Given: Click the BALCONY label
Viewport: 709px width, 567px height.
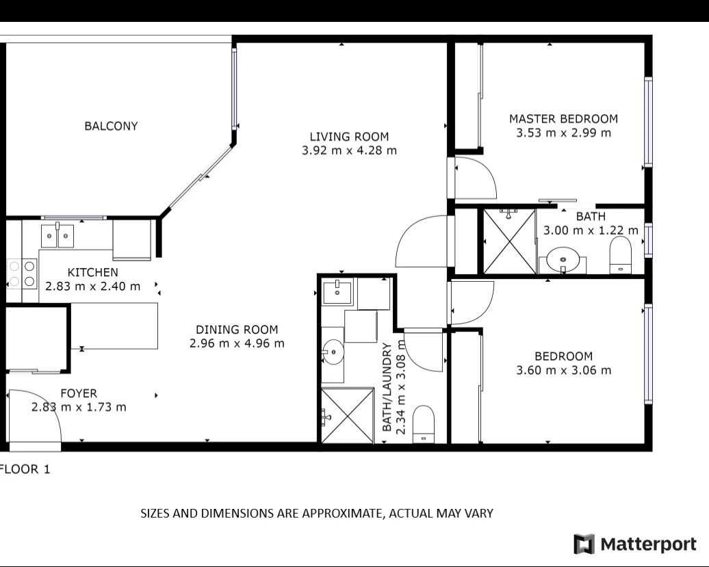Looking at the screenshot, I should pyautogui.click(x=111, y=126).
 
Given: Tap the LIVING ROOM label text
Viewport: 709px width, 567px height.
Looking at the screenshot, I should pyautogui.click(x=349, y=137).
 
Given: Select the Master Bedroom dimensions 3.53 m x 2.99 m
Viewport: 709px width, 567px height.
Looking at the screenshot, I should pyautogui.click(x=563, y=133).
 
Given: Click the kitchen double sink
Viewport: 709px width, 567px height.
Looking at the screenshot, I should pyautogui.click(x=57, y=236).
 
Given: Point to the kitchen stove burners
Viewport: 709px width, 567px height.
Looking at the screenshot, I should pyautogui.click(x=21, y=274).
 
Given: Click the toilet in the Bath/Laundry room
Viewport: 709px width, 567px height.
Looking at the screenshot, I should pyautogui.click(x=424, y=423).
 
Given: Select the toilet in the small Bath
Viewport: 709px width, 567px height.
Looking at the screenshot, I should pyautogui.click(x=621, y=254).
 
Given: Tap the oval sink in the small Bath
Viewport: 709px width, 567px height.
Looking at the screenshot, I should pyautogui.click(x=563, y=259).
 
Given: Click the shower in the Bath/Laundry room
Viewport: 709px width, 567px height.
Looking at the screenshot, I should pyautogui.click(x=346, y=415).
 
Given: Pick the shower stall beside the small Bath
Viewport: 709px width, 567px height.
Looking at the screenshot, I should pyautogui.click(x=509, y=241).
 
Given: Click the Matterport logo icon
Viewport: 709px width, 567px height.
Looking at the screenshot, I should pyautogui.click(x=584, y=544).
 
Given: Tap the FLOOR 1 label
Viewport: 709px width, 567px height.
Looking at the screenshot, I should pyautogui.click(x=25, y=470).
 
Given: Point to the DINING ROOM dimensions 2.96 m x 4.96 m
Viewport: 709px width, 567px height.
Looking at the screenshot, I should pyautogui.click(x=237, y=343).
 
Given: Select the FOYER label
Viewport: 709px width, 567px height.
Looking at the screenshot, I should pyautogui.click(x=79, y=393).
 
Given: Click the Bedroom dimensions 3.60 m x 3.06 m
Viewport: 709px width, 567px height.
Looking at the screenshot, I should pyautogui.click(x=563, y=371).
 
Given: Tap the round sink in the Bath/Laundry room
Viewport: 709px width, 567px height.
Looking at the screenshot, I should pyautogui.click(x=333, y=354).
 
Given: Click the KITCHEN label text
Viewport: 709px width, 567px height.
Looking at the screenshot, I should pyautogui.click(x=92, y=272).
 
